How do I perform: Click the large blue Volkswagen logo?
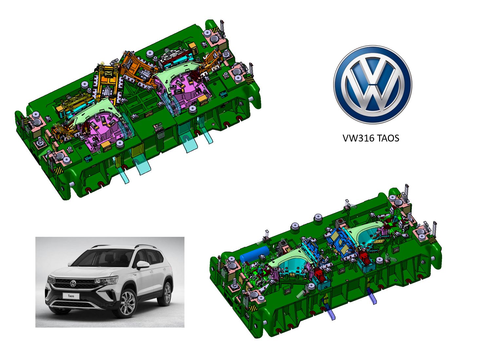[373, 85]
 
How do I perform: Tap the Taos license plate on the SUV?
[71, 296]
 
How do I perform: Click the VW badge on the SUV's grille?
[73, 284]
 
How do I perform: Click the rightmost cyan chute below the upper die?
[206, 134]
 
